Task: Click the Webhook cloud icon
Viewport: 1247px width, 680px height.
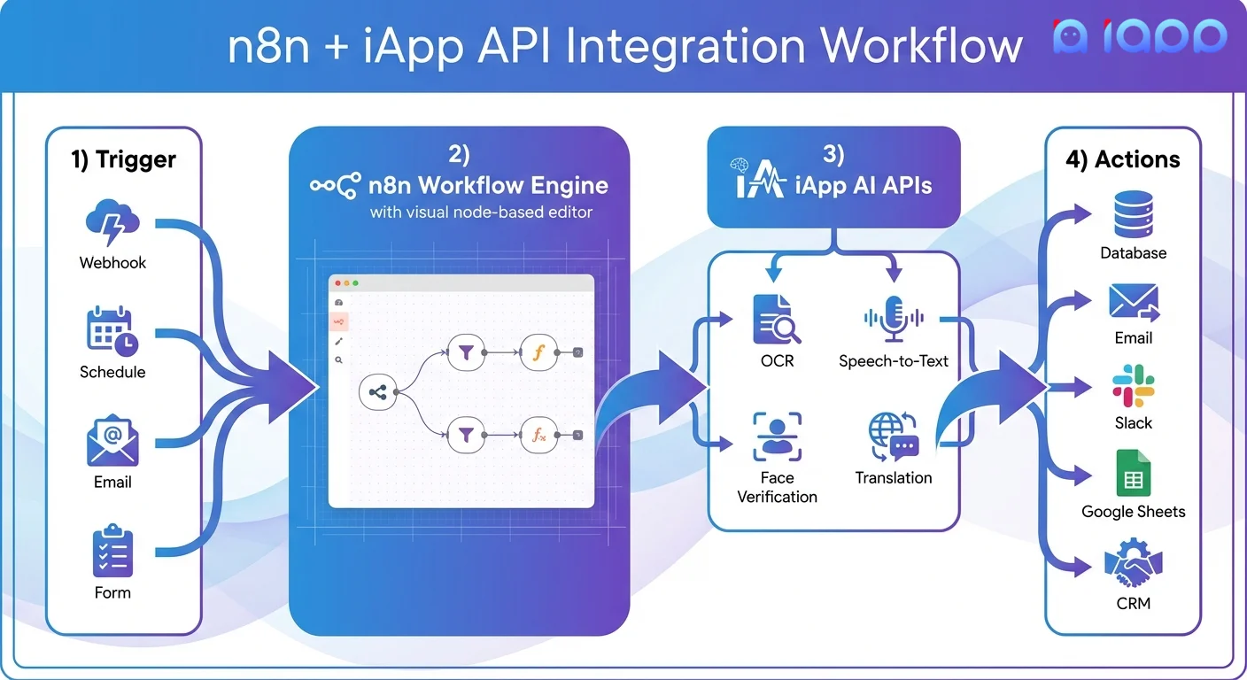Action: [112, 225]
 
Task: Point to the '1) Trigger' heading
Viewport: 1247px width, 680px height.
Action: [124, 160]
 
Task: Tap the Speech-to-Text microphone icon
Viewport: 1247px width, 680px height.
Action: [894, 320]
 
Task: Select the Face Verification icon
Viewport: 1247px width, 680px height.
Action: [777, 437]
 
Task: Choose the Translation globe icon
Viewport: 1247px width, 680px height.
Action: [894, 437]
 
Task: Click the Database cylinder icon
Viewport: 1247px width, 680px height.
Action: [1133, 217]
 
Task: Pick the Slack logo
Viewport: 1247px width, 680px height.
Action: [1133, 389]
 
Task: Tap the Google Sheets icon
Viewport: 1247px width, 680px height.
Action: [1133, 475]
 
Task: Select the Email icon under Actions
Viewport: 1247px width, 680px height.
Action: [1133, 303]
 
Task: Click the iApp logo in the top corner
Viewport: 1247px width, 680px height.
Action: [1140, 36]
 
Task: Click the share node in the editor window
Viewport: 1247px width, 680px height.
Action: [379, 390]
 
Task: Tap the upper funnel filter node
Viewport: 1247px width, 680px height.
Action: [466, 352]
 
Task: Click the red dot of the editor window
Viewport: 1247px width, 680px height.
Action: [337, 283]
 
